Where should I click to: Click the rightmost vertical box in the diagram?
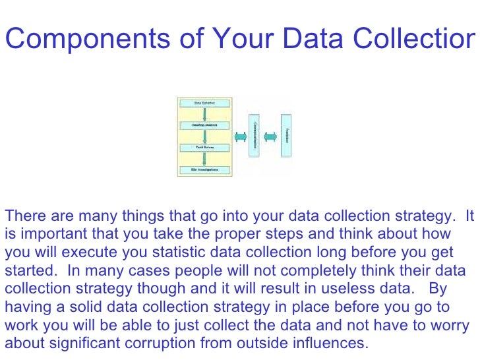click(287, 136)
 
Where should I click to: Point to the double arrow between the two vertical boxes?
click(270, 136)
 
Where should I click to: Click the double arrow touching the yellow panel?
click(239, 136)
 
